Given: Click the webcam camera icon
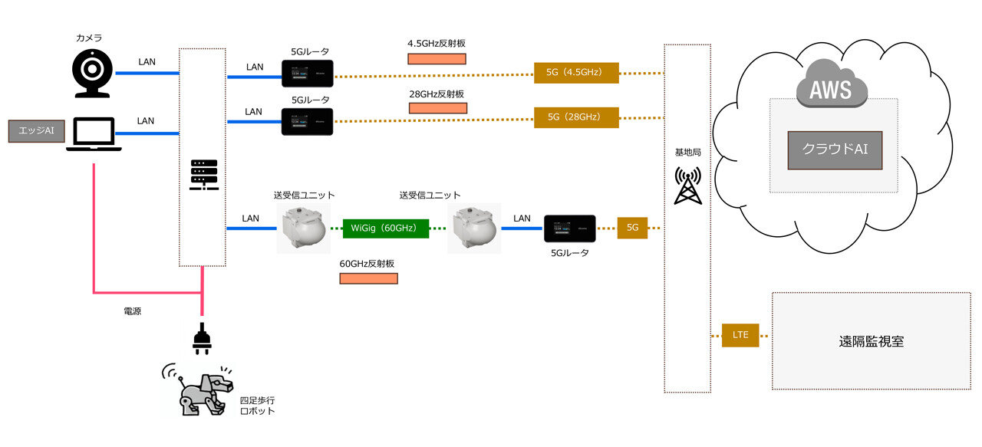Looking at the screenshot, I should coord(91,74).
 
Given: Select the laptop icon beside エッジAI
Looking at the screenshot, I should coord(93,133).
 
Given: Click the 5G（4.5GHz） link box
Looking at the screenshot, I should coord(576,74).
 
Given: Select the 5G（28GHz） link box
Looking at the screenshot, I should coord(576,117).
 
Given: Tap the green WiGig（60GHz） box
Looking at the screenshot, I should coord(386,228).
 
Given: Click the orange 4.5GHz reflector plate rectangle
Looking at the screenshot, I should coord(437,59).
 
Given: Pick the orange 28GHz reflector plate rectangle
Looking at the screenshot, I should coord(437,108).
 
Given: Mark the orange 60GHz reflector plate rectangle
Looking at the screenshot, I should coord(368,278).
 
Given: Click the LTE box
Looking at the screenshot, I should coord(740,335).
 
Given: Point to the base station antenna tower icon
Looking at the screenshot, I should coord(687,186).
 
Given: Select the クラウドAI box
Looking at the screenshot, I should coord(834,150).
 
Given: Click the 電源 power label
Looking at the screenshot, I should coord(132,312).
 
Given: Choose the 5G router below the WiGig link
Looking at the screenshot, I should coord(570,228).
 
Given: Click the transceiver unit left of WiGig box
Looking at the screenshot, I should coord(303,228).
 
